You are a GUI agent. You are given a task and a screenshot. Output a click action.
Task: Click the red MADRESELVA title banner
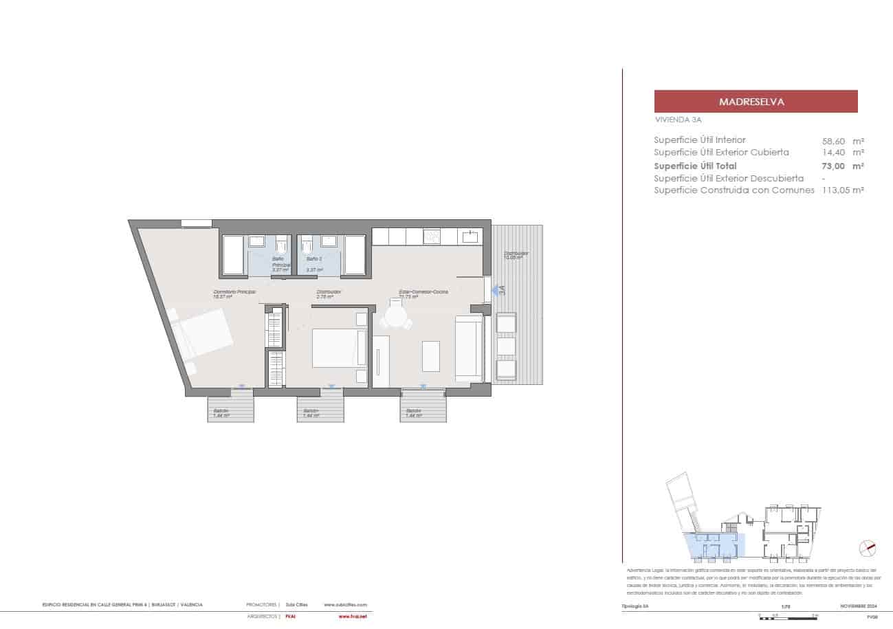pos(756,102)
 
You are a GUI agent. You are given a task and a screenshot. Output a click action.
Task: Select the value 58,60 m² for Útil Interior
pos(843,140)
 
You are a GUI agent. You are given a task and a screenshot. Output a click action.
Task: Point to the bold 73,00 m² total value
pos(843,166)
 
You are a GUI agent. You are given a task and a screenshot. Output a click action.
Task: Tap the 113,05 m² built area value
pos(843,190)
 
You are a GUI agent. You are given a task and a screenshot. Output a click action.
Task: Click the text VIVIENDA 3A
pos(678,120)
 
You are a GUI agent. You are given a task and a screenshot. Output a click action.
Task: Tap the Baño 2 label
pos(314,259)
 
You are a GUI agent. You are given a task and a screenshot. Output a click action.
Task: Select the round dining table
pos(397,317)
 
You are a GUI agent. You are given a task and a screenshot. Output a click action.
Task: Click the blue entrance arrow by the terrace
pos(496,291)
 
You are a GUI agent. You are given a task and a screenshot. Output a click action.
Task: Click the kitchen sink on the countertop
pos(471,236)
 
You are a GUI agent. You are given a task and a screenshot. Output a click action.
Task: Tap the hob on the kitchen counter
pos(432,236)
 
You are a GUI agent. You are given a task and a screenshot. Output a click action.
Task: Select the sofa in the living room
pos(469,348)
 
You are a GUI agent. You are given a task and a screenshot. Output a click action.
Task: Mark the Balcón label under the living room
pos(413,412)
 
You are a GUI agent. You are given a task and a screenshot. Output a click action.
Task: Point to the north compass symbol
pos(868,549)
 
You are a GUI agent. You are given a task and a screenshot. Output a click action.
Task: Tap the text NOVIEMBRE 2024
pos(858,606)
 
